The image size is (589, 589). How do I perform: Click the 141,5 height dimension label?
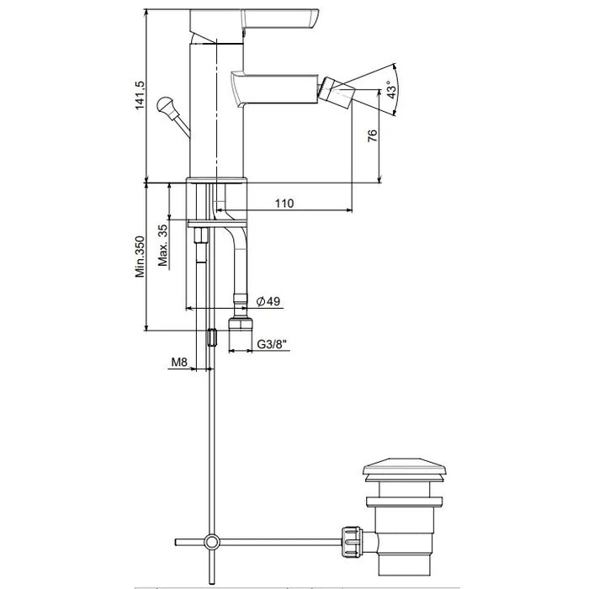pos(140,95)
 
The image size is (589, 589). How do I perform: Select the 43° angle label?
pos(391,90)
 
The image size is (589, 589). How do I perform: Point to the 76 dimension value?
pos(372,135)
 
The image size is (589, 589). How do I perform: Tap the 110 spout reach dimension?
pos(284,204)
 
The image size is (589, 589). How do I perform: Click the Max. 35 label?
pos(163,246)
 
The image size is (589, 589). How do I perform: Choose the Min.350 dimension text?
pos(140,257)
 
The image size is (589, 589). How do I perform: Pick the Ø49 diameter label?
pos(268,301)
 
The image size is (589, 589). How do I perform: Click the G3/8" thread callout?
pos(272,344)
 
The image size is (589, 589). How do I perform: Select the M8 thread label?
pos(179,362)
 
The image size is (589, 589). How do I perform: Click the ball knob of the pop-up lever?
pos(165,104)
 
